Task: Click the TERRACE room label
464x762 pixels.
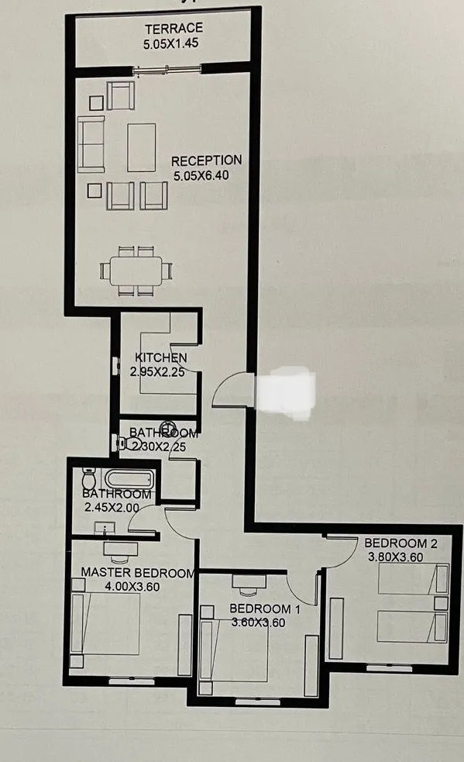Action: click(174, 29)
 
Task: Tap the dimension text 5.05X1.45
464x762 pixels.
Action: click(171, 43)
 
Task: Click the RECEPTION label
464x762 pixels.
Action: click(206, 160)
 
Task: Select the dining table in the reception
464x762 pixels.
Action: click(136, 271)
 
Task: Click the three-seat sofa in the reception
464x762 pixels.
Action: click(91, 145)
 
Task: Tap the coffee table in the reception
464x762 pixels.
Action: click(142, 147)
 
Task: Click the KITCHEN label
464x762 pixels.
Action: click(160, 357)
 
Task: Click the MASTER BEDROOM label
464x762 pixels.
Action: click(136, 573)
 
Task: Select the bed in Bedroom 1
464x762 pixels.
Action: click(236, 655)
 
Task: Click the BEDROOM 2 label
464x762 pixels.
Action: click(400, 543)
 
